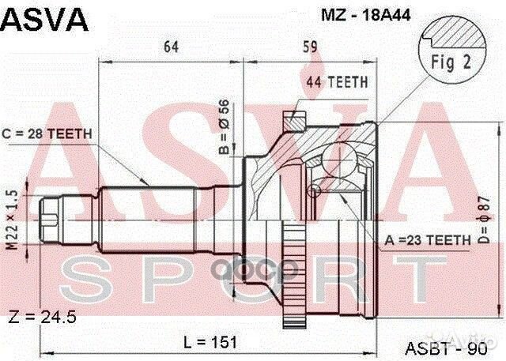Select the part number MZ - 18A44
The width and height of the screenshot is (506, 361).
(x=327, y=14)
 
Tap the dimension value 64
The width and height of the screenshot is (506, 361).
(x=170, y=45)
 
